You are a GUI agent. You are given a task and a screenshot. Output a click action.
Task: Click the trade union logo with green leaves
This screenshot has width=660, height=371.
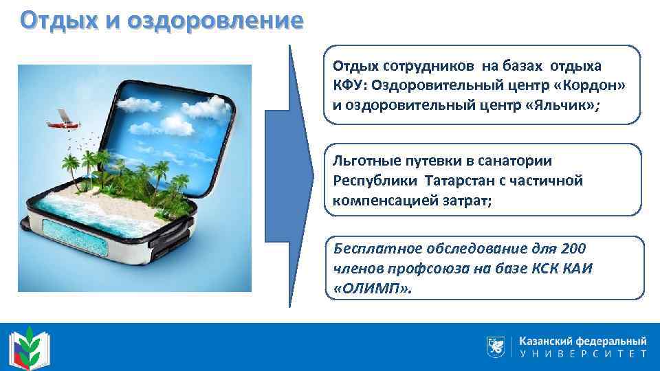(30, 348)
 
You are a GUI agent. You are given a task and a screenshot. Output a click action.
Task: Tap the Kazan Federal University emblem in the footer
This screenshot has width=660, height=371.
(494, 346)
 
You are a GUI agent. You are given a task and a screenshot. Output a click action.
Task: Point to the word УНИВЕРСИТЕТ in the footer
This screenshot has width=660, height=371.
(582, 355)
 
